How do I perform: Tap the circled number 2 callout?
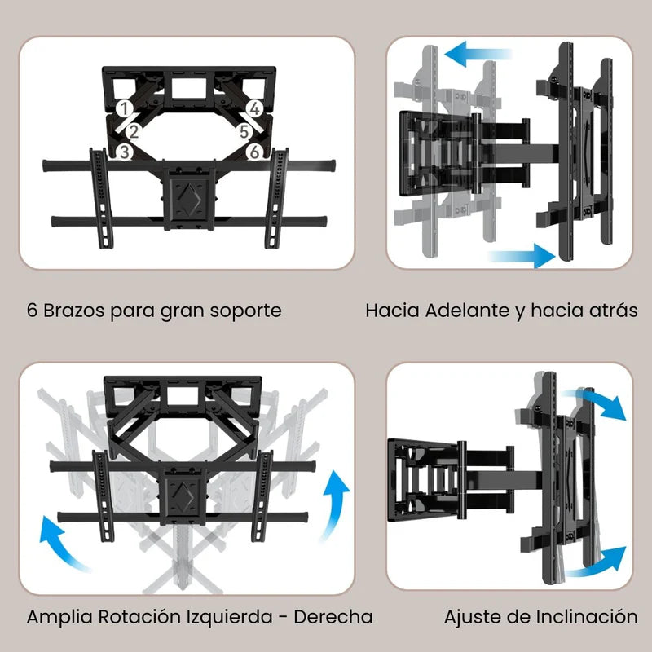pos(134,130)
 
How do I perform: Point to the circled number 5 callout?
pos(242,130)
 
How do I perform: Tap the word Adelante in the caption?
pos(465,311)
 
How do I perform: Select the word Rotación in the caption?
pos(136,617)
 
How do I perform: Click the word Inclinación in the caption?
pos(580,617)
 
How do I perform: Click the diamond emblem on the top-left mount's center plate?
pos(188,196)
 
